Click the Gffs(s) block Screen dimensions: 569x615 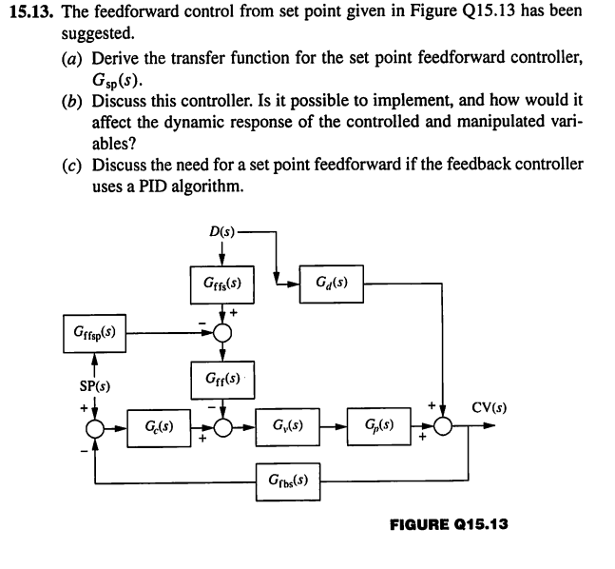221,284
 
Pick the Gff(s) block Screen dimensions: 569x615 221,380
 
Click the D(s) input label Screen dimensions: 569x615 220,230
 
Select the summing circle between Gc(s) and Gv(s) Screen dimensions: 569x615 221,424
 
